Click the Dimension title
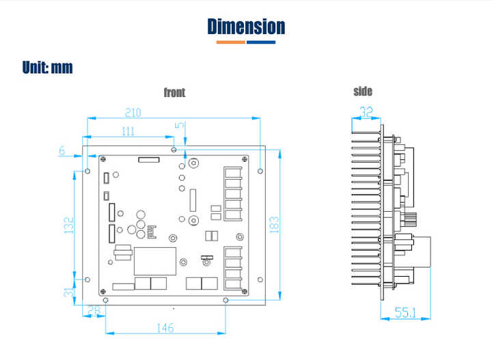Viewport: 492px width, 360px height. tap(246, 27)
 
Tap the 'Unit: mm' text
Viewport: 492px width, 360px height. tap(47, 68)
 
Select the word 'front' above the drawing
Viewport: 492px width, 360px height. tap(174, 92)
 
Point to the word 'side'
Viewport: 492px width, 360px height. tap(363, 92)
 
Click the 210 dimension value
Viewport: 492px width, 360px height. tap(133, 112)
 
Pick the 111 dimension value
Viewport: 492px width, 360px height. tap(128, 131)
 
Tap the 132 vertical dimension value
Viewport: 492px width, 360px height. tap(69, 225)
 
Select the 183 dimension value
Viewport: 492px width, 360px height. tap(274, 225)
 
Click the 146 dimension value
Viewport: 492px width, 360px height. tap(165, 328)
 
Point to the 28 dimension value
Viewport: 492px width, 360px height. tap(94, 310)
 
